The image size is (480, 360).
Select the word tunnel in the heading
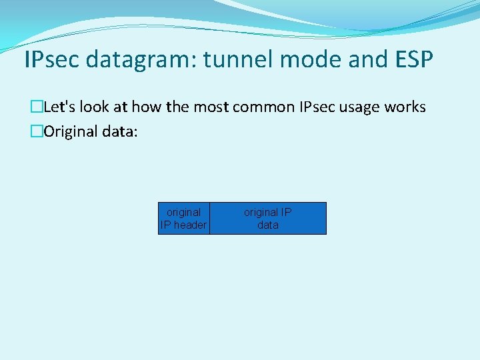(238, 60)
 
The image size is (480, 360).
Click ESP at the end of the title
(412, 60)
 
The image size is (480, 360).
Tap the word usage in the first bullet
(355, 107)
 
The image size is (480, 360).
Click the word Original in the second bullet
(71, 131)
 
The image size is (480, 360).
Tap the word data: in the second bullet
(120, 131)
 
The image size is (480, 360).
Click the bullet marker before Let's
(37, 107)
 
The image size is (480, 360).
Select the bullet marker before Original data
(37, 131)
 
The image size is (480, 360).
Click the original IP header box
(183, 218)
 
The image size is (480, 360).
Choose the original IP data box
(268, 218)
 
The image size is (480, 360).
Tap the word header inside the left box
(190, 225)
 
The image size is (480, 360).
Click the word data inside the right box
(268, 225)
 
